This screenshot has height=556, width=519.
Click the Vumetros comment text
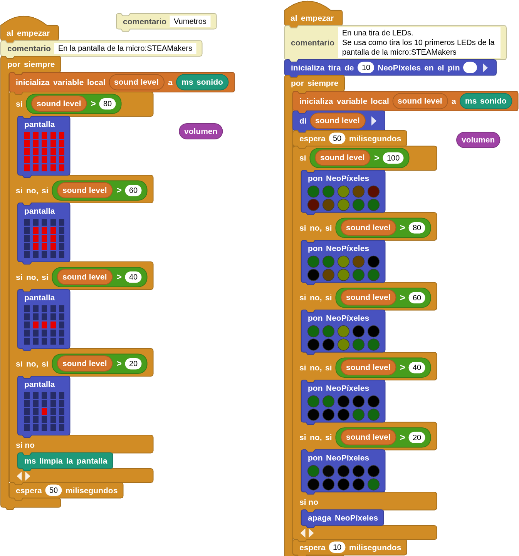190,21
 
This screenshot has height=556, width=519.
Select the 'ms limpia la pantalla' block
65,461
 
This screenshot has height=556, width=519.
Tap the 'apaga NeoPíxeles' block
342,517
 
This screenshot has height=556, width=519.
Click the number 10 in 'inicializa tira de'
365,67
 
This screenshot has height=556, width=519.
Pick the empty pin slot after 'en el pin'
470,67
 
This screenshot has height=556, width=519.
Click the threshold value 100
393,158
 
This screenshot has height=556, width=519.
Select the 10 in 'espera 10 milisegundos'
337,547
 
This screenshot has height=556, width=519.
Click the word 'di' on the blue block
303,121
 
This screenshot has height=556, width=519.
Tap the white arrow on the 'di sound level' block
374,121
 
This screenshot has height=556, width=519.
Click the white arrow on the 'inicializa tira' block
485,67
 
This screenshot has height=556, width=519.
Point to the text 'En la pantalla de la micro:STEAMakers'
125,48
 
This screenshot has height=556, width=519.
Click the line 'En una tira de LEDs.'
378,33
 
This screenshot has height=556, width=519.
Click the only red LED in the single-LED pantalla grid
44,411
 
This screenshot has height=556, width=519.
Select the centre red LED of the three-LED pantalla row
44,325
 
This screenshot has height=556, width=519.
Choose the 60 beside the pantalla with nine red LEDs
133,190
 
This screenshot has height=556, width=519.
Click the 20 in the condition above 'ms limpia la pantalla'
133,363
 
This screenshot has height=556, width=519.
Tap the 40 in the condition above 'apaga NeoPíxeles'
417,367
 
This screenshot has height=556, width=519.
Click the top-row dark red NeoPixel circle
373,191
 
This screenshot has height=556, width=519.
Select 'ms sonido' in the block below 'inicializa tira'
485,101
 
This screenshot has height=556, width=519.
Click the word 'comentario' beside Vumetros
144,22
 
